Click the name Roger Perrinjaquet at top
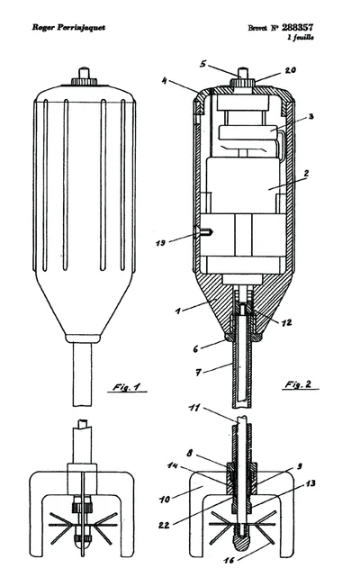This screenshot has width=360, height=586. pos(68,27)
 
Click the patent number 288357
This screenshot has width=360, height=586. pos(298,27)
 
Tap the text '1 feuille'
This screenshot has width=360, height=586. pos(301,37)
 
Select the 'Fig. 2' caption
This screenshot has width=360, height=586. pos(298,384)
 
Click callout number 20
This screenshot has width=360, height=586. pos(291,70)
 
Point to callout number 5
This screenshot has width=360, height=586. pos(202,64)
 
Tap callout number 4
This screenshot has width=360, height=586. pos(165,81)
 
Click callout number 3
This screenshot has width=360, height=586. pos(310,117)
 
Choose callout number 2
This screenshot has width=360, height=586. pos(307,173)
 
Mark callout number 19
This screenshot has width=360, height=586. pos(161,243)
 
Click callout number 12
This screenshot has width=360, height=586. pos(287,322)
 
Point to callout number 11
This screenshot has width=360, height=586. pos(194,408)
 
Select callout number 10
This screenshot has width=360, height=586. pos(165,499)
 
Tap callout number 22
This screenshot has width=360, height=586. pos(164,525)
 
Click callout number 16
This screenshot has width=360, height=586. pos(229,560)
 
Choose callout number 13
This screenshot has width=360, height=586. pos(310,483)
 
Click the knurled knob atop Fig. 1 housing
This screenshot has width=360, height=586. pos(84,81)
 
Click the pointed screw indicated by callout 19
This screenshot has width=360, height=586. pos(204,232)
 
